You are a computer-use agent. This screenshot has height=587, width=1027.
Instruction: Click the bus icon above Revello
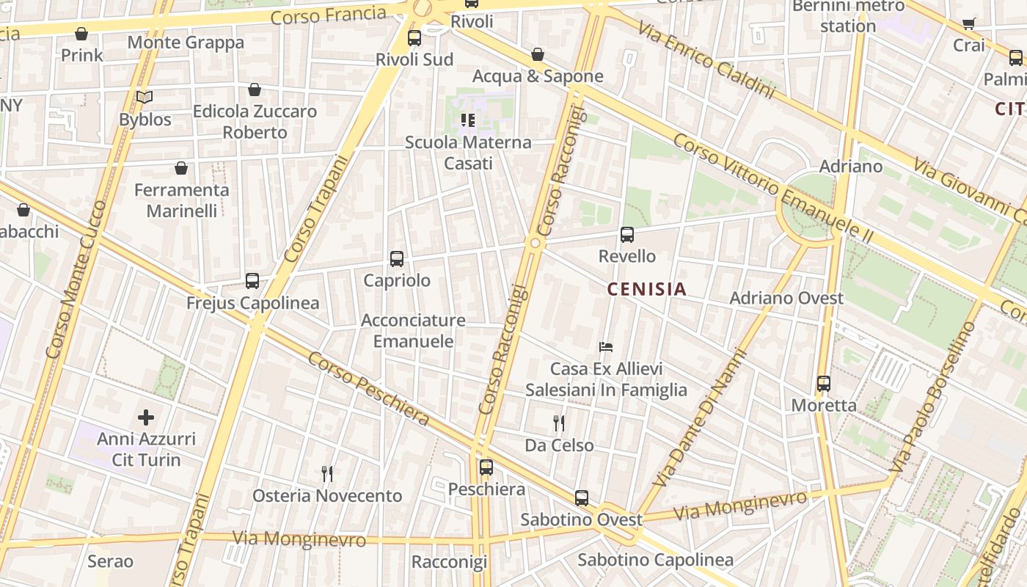(627, 235)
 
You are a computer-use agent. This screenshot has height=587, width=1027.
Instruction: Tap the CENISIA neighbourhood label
(647, 289)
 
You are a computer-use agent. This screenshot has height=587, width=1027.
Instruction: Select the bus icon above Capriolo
(397, 259)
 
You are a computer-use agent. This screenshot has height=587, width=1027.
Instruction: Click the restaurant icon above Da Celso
(559, 423)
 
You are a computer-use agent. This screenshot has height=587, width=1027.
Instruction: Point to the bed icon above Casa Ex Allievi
(606, 347)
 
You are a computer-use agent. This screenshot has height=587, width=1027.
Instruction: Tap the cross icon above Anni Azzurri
(146, 418)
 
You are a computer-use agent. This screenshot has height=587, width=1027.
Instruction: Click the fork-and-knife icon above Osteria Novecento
(327, 474)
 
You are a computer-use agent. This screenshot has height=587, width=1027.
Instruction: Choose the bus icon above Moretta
(824, 384)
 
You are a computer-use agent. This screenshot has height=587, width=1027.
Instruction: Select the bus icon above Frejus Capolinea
(252, 281)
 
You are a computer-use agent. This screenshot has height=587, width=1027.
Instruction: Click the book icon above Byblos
(145, 98)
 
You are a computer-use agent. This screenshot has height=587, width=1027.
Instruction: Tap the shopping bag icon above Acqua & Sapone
(538, 54)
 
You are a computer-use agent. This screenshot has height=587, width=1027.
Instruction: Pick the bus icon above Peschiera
(486, 467)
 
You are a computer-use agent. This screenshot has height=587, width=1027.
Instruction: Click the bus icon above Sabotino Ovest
(582, 498)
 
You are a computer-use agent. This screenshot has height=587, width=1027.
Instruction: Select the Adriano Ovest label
(786, 298)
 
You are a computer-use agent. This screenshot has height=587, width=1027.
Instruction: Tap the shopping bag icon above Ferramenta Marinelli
(181, 169)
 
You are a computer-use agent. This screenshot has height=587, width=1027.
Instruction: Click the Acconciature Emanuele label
(413, 331)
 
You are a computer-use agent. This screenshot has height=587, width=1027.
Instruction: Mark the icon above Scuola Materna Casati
(468, 120)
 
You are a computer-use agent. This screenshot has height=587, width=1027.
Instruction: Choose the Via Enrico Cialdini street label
(706, 60)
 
